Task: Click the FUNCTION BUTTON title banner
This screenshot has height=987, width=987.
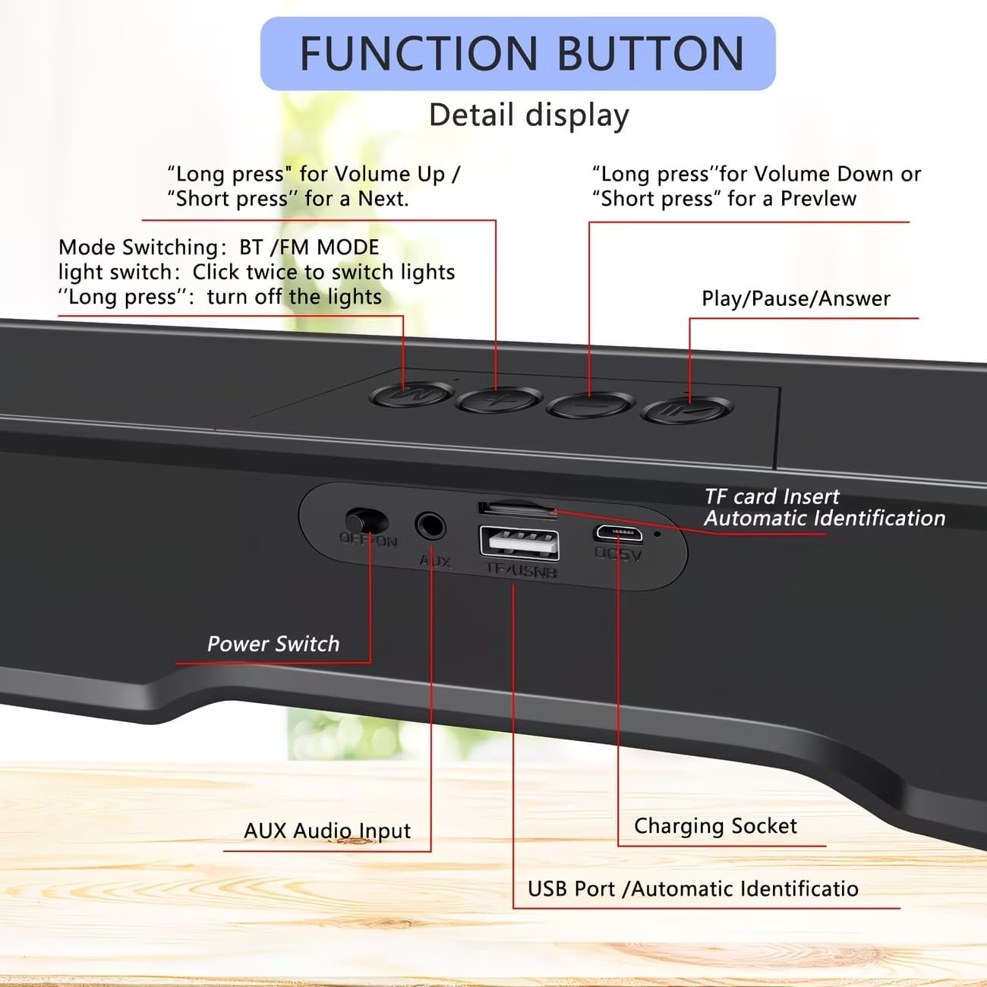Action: tap(518, 53)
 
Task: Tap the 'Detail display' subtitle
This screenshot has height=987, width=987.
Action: tap(528, 115)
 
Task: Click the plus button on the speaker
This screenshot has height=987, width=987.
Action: tap(498, 400)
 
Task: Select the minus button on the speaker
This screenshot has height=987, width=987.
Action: tap(591, 405)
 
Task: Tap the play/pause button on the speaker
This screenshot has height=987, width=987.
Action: tap(686, 411)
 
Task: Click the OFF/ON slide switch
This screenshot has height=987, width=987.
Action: tap(366, 522)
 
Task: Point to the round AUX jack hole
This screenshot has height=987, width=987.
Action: tap(430, 525)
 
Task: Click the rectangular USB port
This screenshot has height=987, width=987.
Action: tap(519, 542)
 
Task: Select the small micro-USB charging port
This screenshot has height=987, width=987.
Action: tap(618, 533)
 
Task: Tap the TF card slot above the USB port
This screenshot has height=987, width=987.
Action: tap(516, 508)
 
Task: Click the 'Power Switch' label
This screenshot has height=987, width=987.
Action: tap(273, 644)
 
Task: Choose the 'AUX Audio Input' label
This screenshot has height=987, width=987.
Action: tap(327, 831)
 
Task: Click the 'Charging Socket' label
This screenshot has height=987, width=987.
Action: tap(715, 826)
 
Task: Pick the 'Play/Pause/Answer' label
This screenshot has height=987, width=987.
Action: tap(796, 298)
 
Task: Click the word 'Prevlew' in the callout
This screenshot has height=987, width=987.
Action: tap(818, 199)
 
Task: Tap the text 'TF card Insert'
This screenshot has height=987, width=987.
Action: tap(771, 497)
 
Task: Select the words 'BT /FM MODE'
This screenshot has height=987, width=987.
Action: tap(309, 248)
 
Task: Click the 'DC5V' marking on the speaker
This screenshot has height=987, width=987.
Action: tap(618, 555)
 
